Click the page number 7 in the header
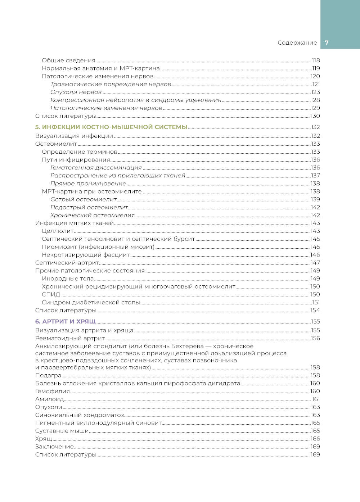327,42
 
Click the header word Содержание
297,42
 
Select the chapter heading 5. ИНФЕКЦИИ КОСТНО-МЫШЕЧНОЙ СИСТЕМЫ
111,127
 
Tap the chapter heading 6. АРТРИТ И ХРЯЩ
65,321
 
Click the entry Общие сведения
68,60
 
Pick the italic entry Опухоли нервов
76,92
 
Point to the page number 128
315,100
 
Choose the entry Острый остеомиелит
84,199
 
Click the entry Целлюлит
58,231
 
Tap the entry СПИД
51,294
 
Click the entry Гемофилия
52,391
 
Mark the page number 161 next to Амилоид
316,399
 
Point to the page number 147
315,263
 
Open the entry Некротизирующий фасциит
86,255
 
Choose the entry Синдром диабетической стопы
91,302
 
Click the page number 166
315,439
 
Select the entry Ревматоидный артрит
70,338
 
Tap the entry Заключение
54,447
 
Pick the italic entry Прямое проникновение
88,184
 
